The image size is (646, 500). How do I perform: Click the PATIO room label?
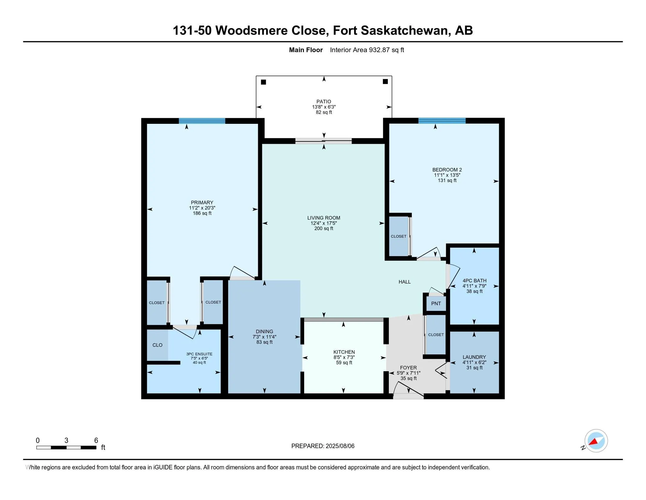point(324,101)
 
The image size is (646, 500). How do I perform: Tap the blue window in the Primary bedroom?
point(202,121)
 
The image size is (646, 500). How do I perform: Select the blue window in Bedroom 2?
point(442,121)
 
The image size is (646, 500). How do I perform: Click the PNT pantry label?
point(436,304)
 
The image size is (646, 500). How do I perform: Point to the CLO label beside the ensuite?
point(157,345)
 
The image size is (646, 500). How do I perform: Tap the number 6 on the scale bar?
point(96,441)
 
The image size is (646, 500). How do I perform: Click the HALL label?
point(404,282)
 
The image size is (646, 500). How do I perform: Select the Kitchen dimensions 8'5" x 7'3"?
point(344,358)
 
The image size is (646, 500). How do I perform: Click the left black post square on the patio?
point(264,82)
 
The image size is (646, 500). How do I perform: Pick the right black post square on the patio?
point(385,81)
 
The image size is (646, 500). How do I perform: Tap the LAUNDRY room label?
point(474,357)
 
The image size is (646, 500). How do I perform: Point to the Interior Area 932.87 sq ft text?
point(367,50)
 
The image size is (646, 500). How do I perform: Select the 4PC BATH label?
point(474,281)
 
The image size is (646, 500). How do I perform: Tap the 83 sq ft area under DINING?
point(265,342)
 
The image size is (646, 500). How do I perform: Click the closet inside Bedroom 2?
point(398,236)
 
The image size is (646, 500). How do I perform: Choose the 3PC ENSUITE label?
point(199,354)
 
